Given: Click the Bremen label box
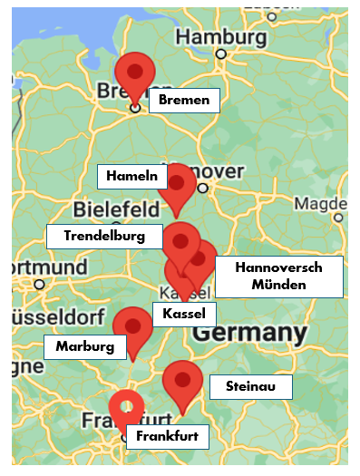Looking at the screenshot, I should coord(184,100).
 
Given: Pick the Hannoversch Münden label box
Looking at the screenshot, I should coord(279,277).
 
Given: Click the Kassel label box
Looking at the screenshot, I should coord(185,315).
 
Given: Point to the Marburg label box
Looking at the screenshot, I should coord(85,346).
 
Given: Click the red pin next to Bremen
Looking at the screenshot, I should coord(135,73).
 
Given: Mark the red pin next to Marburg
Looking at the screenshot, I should coord(132,326).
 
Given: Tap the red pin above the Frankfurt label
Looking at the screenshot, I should coord(126,408).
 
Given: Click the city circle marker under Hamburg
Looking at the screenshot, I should coord(220,54).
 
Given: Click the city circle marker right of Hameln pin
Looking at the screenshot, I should coord(203,189).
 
